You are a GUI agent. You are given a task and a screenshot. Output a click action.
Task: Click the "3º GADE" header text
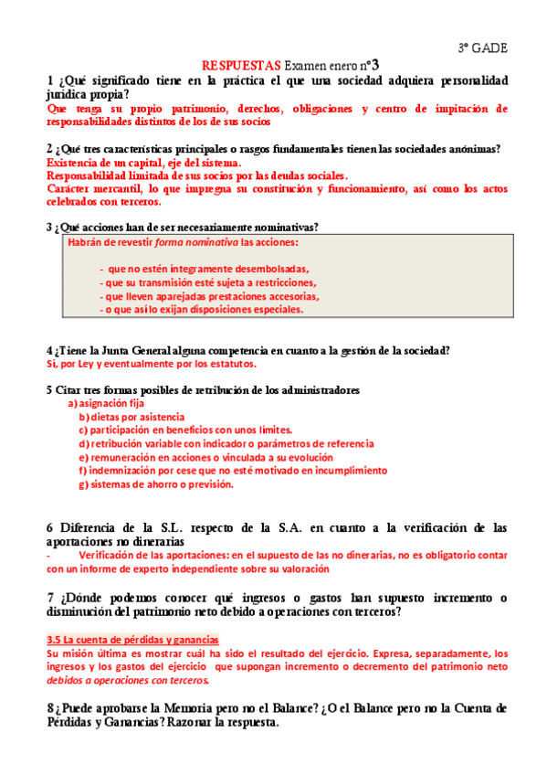(483, 48)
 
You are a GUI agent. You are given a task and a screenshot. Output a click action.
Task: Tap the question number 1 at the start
(49, 80)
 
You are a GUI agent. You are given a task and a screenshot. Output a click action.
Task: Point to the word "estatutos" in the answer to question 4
(227, 363)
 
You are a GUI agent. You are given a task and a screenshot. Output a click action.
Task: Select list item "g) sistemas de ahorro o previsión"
(156, 484)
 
